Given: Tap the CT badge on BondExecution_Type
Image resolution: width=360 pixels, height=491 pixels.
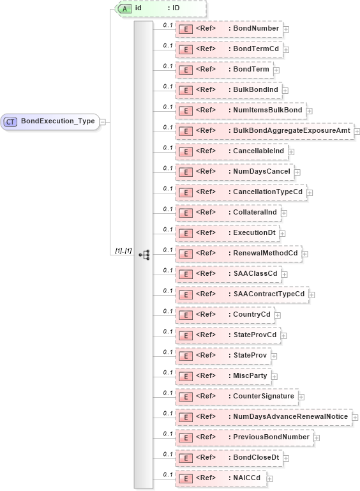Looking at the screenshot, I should click(11, 121).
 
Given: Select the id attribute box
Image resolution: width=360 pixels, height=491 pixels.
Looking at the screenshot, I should click(160, 8).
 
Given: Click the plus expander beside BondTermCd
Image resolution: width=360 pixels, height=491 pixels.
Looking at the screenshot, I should click(287, 49).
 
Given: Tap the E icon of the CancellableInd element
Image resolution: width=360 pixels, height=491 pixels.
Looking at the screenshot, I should click(184, 151).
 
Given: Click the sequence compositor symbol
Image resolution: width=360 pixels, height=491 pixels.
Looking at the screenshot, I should click(144, 253).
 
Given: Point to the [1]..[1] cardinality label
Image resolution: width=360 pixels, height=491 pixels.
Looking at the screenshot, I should click(123, 251).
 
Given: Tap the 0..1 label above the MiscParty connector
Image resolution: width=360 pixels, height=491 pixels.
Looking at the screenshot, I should click(167, 372).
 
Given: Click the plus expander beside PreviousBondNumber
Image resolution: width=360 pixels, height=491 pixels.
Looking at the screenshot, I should click(317, 437).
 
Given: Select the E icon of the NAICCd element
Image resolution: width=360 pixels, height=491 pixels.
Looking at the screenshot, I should click(184, 478).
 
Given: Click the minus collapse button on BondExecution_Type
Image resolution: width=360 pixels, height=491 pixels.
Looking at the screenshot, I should click(103, 121).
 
